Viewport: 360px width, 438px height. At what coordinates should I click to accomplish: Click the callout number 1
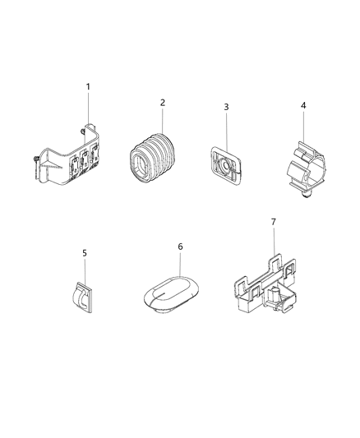pos(89,87)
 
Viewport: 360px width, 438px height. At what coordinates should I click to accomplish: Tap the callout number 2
pos(163,103)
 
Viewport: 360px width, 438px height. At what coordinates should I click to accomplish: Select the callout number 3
pos(226,107)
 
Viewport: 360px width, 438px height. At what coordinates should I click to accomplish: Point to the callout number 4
pos(302,106)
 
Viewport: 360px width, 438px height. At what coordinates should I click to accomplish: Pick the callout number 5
pos(85,254)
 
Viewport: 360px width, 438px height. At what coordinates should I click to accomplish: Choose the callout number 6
pos(180,246)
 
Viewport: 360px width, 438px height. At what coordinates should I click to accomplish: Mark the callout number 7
pos(274,223)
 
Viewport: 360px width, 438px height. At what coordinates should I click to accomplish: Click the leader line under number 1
pos(88,111)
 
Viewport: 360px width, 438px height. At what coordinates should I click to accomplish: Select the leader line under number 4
pos(302,127)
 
